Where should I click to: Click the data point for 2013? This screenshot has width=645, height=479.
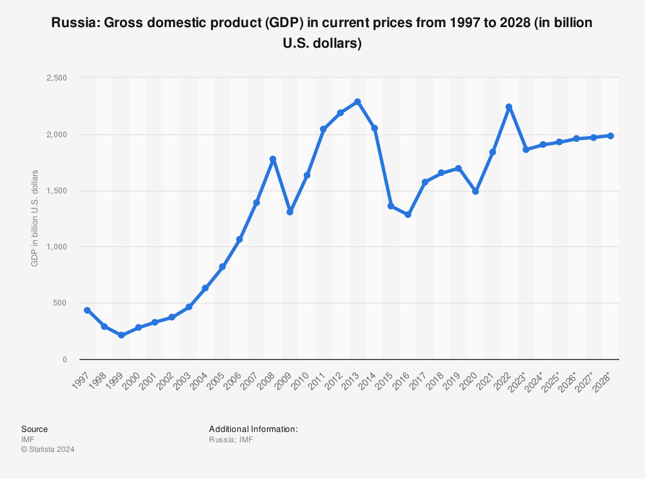coord(357,102)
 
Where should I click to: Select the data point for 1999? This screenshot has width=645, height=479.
coord(121,335)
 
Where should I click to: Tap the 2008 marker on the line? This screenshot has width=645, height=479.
coord(273,159)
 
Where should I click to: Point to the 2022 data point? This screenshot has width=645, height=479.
coord(509,107)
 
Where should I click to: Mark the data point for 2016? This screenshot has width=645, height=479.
coord(408,215)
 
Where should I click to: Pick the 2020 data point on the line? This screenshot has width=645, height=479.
coord(475,191)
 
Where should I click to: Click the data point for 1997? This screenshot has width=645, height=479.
coord(87,310)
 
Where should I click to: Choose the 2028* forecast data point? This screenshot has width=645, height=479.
coord(610,136)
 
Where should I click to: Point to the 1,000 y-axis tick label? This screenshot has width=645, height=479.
coord(57,247)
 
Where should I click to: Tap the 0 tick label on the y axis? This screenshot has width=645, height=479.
coord(64,359)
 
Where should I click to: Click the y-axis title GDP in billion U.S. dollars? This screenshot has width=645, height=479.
coord(35,219)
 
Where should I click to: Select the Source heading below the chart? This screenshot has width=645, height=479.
coord(34,429)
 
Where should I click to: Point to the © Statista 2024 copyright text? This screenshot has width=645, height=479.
coord(48,449)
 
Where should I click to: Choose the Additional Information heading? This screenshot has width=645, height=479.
coord(253,429)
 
